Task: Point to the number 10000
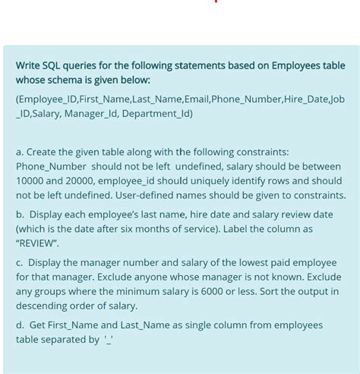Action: tap(31, 181)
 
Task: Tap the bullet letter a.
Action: tap(19, 152)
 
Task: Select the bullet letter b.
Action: tap(19, 214)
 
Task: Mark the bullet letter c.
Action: tap(19, 262)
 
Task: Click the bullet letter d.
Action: tap(19, 325)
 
